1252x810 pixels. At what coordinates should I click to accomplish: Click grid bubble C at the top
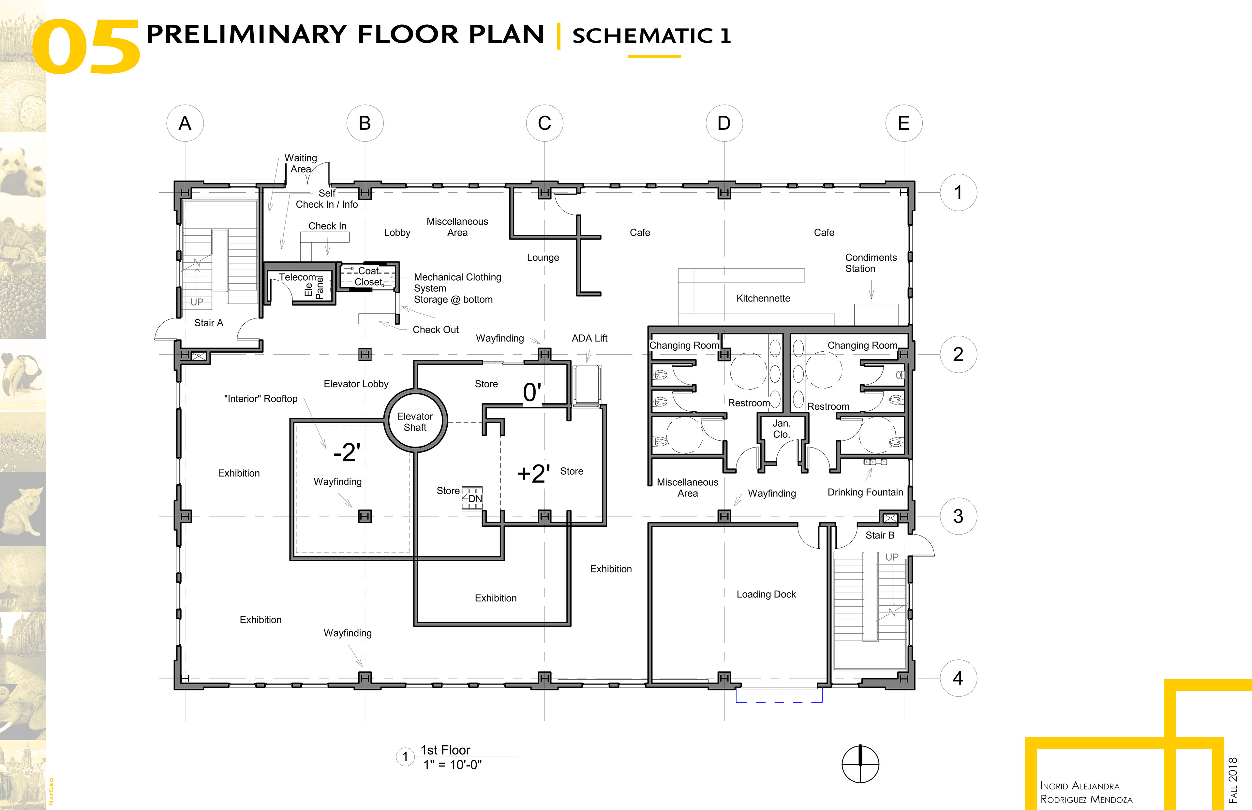544,123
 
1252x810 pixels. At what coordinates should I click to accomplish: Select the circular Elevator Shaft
416,420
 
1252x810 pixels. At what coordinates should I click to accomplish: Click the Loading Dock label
766,594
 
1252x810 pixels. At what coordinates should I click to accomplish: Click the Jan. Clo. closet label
781,429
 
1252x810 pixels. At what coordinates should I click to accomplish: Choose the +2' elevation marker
533,473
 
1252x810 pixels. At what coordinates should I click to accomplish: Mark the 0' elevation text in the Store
532,392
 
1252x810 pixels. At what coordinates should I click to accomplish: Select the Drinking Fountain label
865,492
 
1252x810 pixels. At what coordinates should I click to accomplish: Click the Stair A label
209,323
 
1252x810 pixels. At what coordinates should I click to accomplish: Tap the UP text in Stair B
892,557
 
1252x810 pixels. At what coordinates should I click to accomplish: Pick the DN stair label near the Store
475,499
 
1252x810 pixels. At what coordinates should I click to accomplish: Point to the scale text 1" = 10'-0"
453,765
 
